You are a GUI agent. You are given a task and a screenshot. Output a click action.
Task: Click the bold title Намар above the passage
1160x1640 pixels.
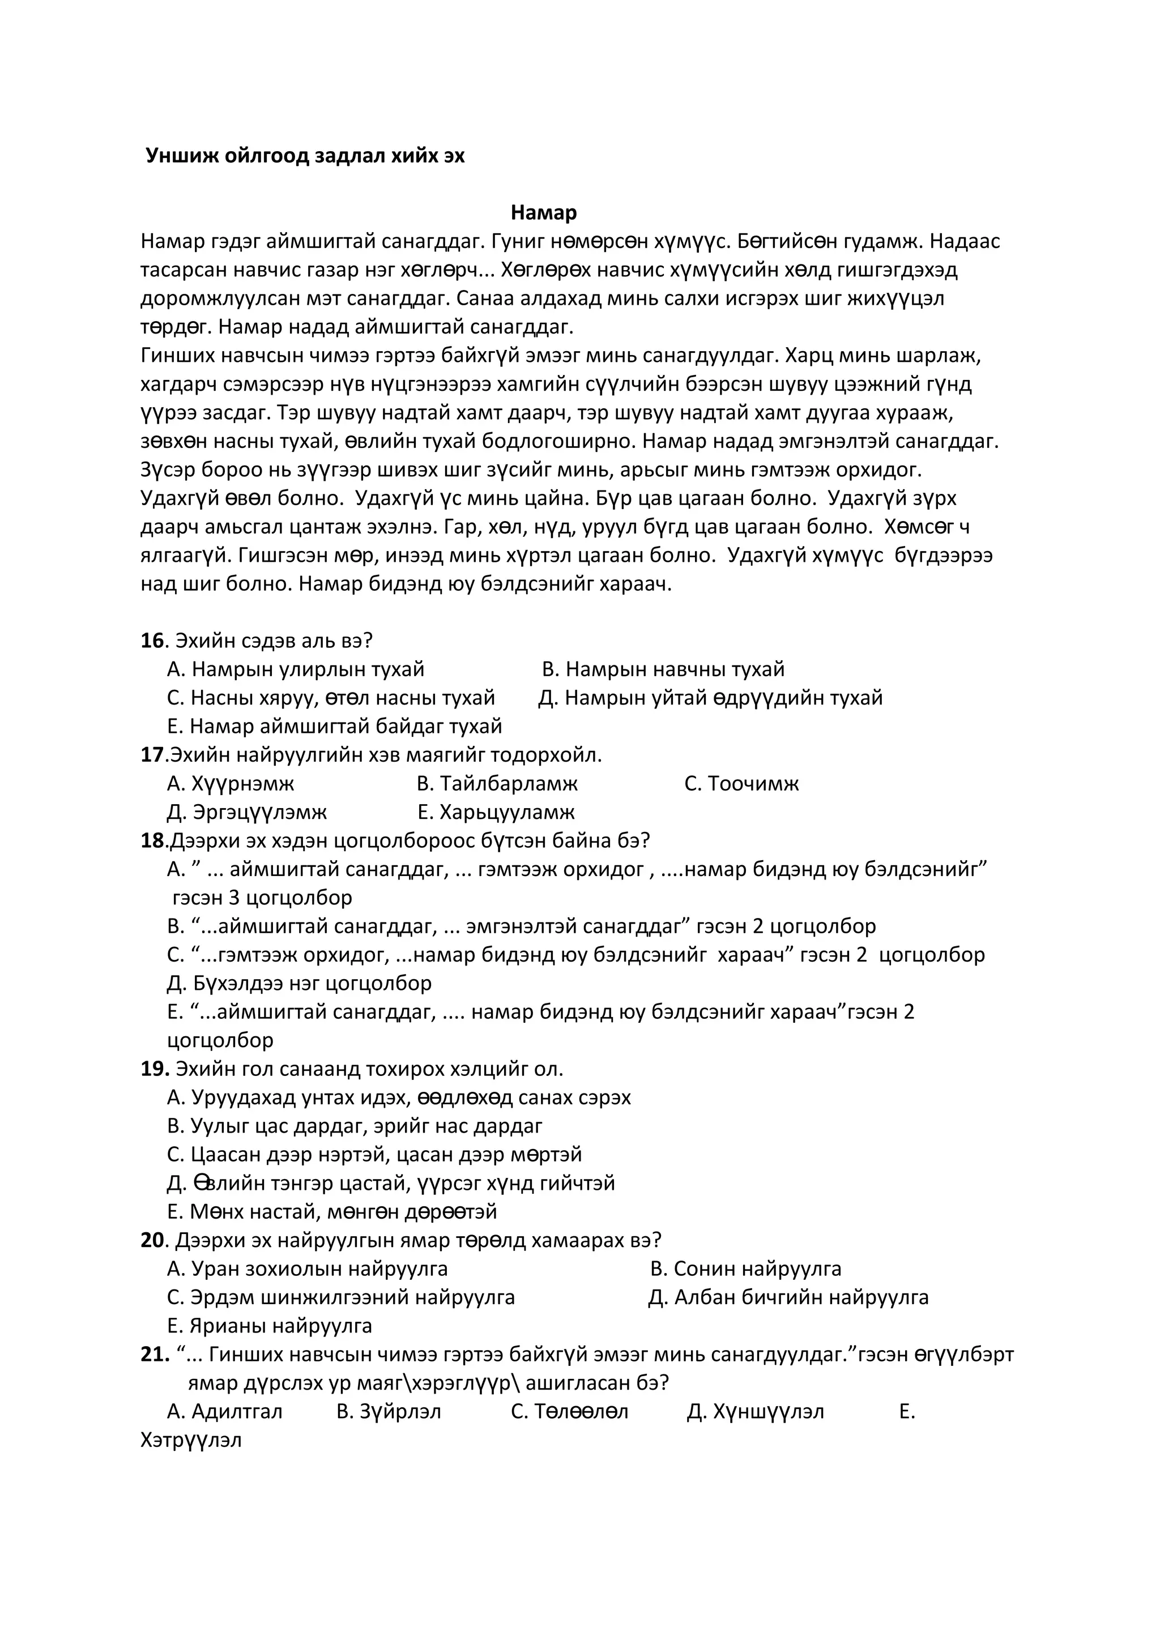point(544,213)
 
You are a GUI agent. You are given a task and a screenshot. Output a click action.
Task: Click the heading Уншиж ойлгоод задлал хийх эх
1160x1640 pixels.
point(305,156)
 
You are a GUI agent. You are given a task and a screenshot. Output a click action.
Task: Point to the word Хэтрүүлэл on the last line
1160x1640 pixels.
point(191,1441)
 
